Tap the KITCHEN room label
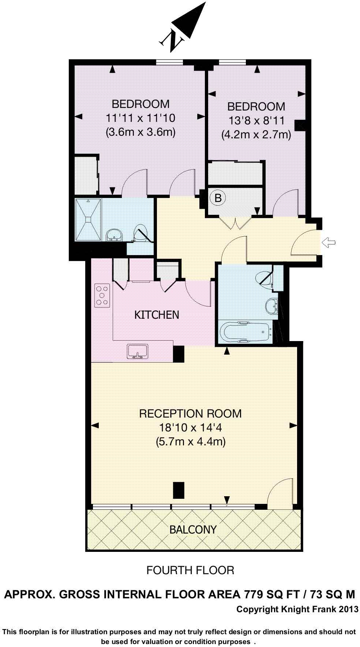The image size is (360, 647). point(157,315)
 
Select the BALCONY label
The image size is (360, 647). point(193,530)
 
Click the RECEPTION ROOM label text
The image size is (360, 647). point(190,414)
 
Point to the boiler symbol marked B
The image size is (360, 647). point(218,198)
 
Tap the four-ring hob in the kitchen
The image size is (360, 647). point(102,295)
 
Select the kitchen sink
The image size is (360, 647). point(137,351)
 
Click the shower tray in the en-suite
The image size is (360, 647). point(88,219)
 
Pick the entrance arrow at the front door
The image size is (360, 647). point(328,242)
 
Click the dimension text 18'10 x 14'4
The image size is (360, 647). point(190,427)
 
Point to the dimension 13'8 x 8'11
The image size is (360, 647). point(256,120)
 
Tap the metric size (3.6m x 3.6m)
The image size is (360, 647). point(140,132)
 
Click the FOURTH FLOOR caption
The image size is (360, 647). point(190,570)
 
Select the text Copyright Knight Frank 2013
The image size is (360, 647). point(297,609)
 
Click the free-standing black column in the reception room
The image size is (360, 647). point(178,490)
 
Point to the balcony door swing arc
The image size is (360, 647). point(280,492)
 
